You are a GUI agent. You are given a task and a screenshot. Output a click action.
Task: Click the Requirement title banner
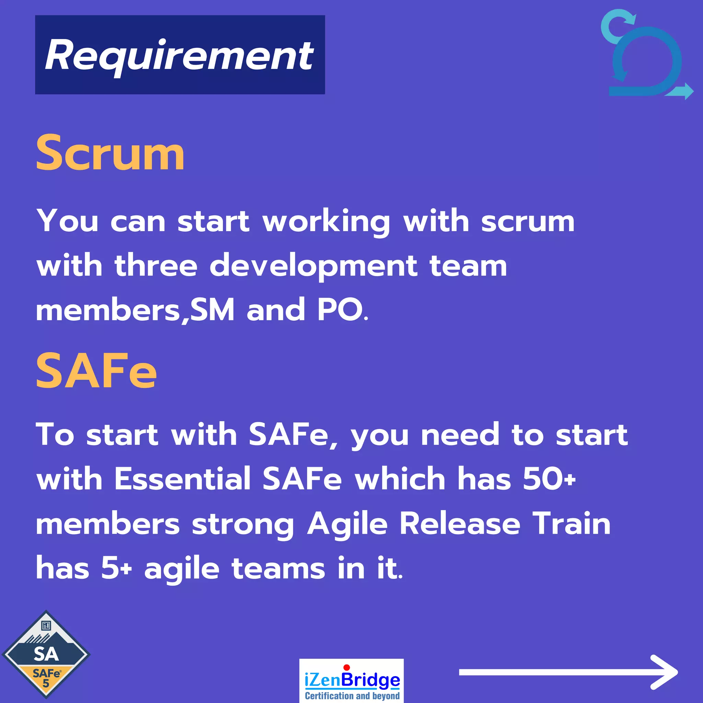click(x=180, y=55)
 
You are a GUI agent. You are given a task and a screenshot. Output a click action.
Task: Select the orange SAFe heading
click(x=96, y=371)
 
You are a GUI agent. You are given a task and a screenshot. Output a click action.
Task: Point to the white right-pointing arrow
click(x=568, y=672)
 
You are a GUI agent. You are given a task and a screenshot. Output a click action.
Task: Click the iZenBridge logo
click(x=351, y=680)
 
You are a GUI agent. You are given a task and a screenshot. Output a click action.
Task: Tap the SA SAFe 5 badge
click(x=46, y=654)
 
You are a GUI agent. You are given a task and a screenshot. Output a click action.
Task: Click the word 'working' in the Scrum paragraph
click(x=326, y=221)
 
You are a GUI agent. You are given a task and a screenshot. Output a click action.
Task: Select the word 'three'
click(x=156, y=266)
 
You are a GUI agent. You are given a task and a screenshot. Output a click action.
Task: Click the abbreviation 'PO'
click(x=340, y=310)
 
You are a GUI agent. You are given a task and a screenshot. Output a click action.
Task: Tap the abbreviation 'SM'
click(x=212, y=310)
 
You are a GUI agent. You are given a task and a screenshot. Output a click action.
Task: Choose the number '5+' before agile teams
click(x=116, y=568)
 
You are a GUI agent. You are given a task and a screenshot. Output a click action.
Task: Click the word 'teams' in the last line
click(x=278, y=568)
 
